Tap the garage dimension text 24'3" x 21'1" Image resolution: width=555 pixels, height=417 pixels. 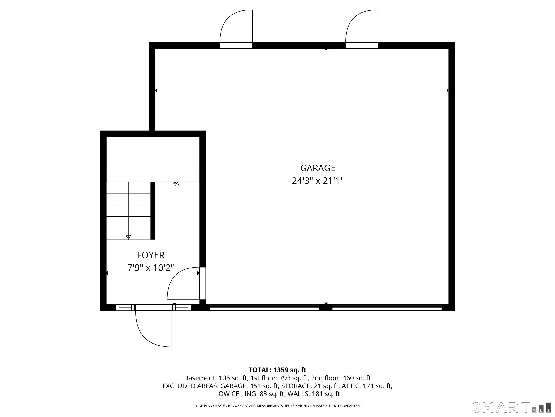(x=318, y=181)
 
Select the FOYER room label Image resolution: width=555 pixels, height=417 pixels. (x=150, y=255)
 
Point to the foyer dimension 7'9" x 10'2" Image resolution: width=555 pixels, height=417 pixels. (x=150, y=268)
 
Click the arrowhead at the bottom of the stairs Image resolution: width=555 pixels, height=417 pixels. (x=128, y=237)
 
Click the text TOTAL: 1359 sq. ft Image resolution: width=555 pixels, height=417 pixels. (x=277, y=370)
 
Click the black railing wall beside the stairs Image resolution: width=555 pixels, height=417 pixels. (x=153, y=211)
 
